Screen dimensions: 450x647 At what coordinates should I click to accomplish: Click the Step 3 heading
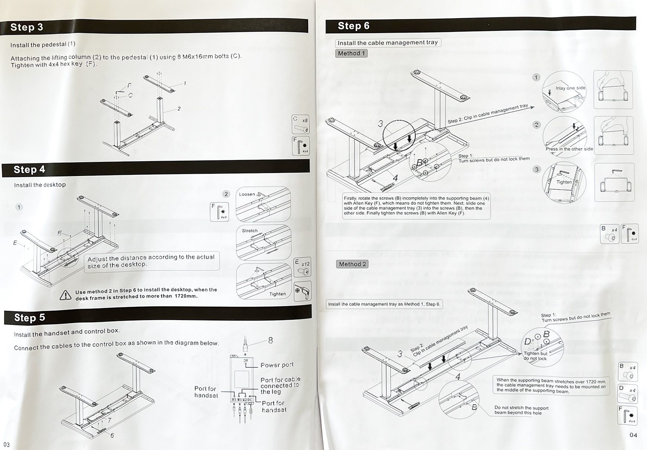(x=27, y=27)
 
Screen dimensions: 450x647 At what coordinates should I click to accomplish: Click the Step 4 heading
(x=29, y=170)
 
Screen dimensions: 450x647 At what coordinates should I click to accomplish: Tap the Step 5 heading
(x=30, y=317)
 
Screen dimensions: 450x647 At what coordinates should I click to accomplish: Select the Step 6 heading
(x=353, y=26)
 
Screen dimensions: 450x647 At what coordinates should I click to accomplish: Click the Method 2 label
(x=352, y=264)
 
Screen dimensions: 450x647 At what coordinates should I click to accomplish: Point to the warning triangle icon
(x=66, y=295)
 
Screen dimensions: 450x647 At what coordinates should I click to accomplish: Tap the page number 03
(x=6, y=444)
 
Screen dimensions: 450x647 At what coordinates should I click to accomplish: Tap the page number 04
(x=633, y=435)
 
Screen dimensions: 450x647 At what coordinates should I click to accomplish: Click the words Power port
(x=277, y=365)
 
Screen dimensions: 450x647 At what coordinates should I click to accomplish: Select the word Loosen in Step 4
(x=247, y=194)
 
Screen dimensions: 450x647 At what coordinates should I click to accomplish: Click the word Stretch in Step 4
(x=250, y=231)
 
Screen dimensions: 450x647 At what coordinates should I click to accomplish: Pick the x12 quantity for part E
(x=305, y=264)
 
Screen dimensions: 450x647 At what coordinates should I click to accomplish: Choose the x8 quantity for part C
(x=305, y=121)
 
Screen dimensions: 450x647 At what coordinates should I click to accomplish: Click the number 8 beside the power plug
(x=270, y=340)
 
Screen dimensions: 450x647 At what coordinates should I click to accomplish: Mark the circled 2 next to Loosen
(x=226, y=194)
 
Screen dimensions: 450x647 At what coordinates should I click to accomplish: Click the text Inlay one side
(x=570, y=88)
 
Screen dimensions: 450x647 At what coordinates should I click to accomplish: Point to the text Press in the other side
(x=569, y=149)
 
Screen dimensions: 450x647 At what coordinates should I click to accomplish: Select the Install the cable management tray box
(x=388, y=43)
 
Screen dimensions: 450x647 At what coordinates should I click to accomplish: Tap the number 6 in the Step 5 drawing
(x=112, y=435)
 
